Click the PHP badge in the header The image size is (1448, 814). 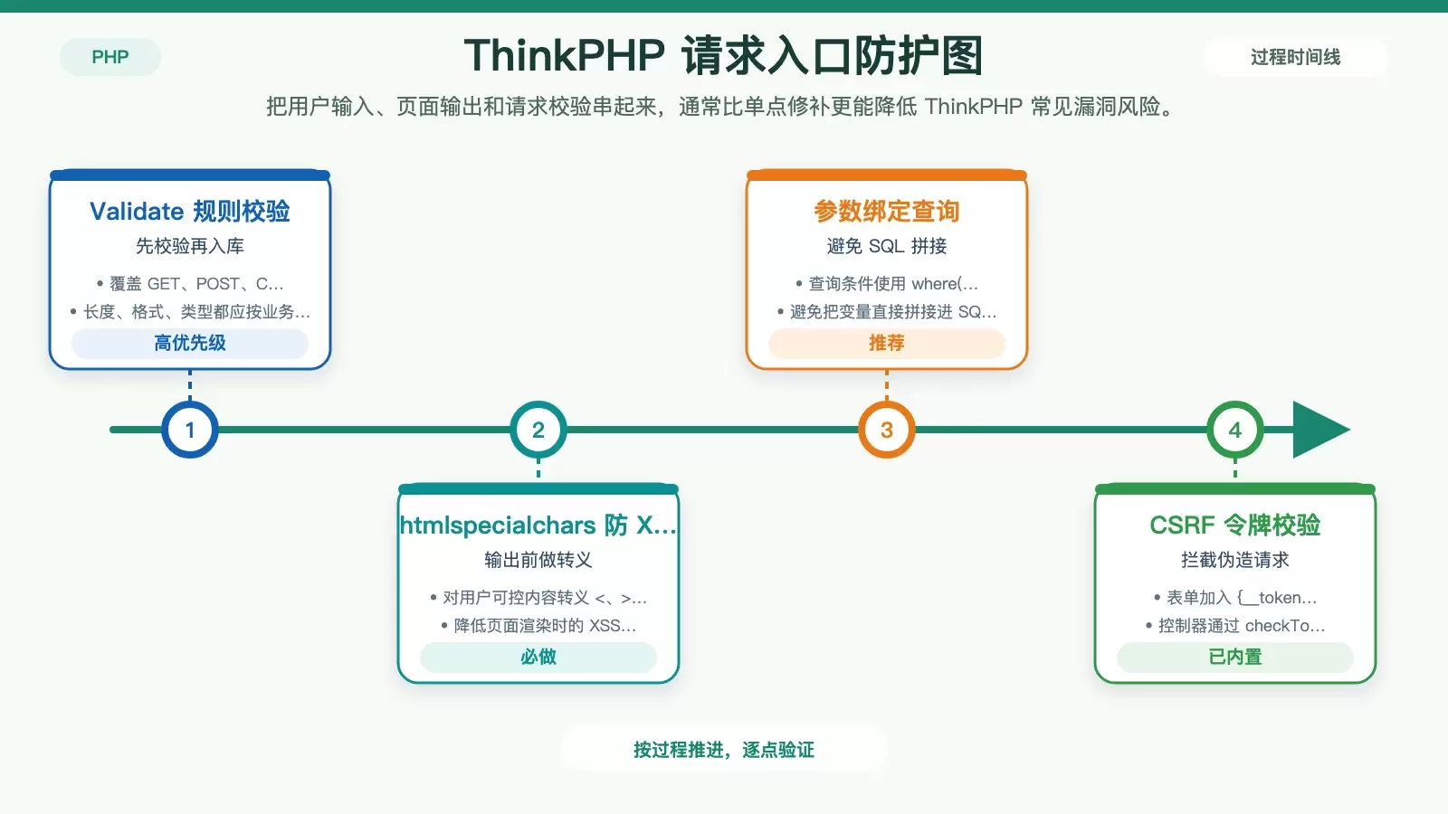coord(110,57)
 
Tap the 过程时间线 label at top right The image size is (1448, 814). coord(1295,57)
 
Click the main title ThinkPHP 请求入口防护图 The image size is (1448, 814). coord(723,55)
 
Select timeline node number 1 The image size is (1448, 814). coord(189,430)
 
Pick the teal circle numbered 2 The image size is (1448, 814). coord(538,430)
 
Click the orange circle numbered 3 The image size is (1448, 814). coord(886,430)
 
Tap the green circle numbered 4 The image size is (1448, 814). coord(1234,430)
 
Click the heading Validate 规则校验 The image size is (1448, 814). coord(189,212)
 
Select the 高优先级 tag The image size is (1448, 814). coord(189,343)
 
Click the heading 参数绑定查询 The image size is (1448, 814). coord(886,212)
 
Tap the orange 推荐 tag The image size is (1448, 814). coord(886,343)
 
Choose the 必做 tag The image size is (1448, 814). coord(538,657)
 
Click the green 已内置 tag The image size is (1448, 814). coord(1234,657)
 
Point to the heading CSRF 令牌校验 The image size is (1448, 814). coord(1234,525)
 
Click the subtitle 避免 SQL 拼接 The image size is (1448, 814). coord(886,246)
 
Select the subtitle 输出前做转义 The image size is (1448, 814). coord(538,560)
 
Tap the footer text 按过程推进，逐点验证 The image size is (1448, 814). coord(723,750)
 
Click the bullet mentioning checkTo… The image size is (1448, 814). coord(1234,625)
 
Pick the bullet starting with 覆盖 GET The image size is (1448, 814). coord(189,284)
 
